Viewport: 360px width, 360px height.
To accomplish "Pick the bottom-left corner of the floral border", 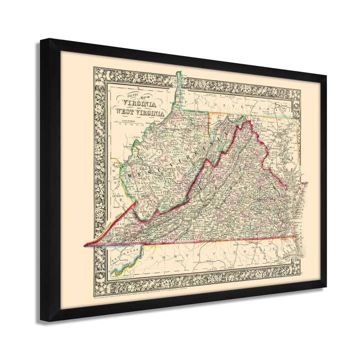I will (x=93, y=299).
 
